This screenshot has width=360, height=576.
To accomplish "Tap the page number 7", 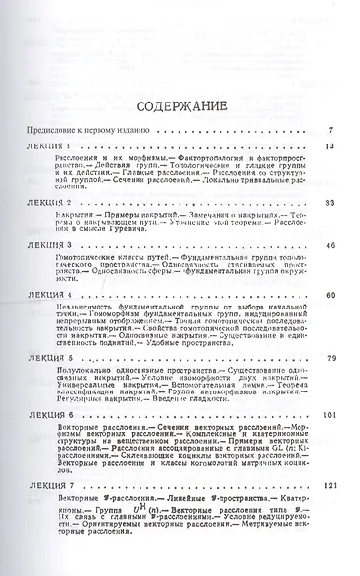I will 332,129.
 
